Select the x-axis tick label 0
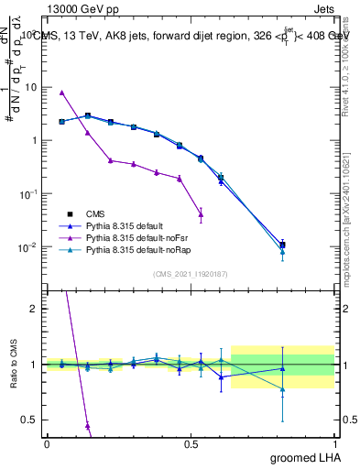pos(47,443)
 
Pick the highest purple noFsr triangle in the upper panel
pos(61,93)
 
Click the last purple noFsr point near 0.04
pos(201,215)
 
